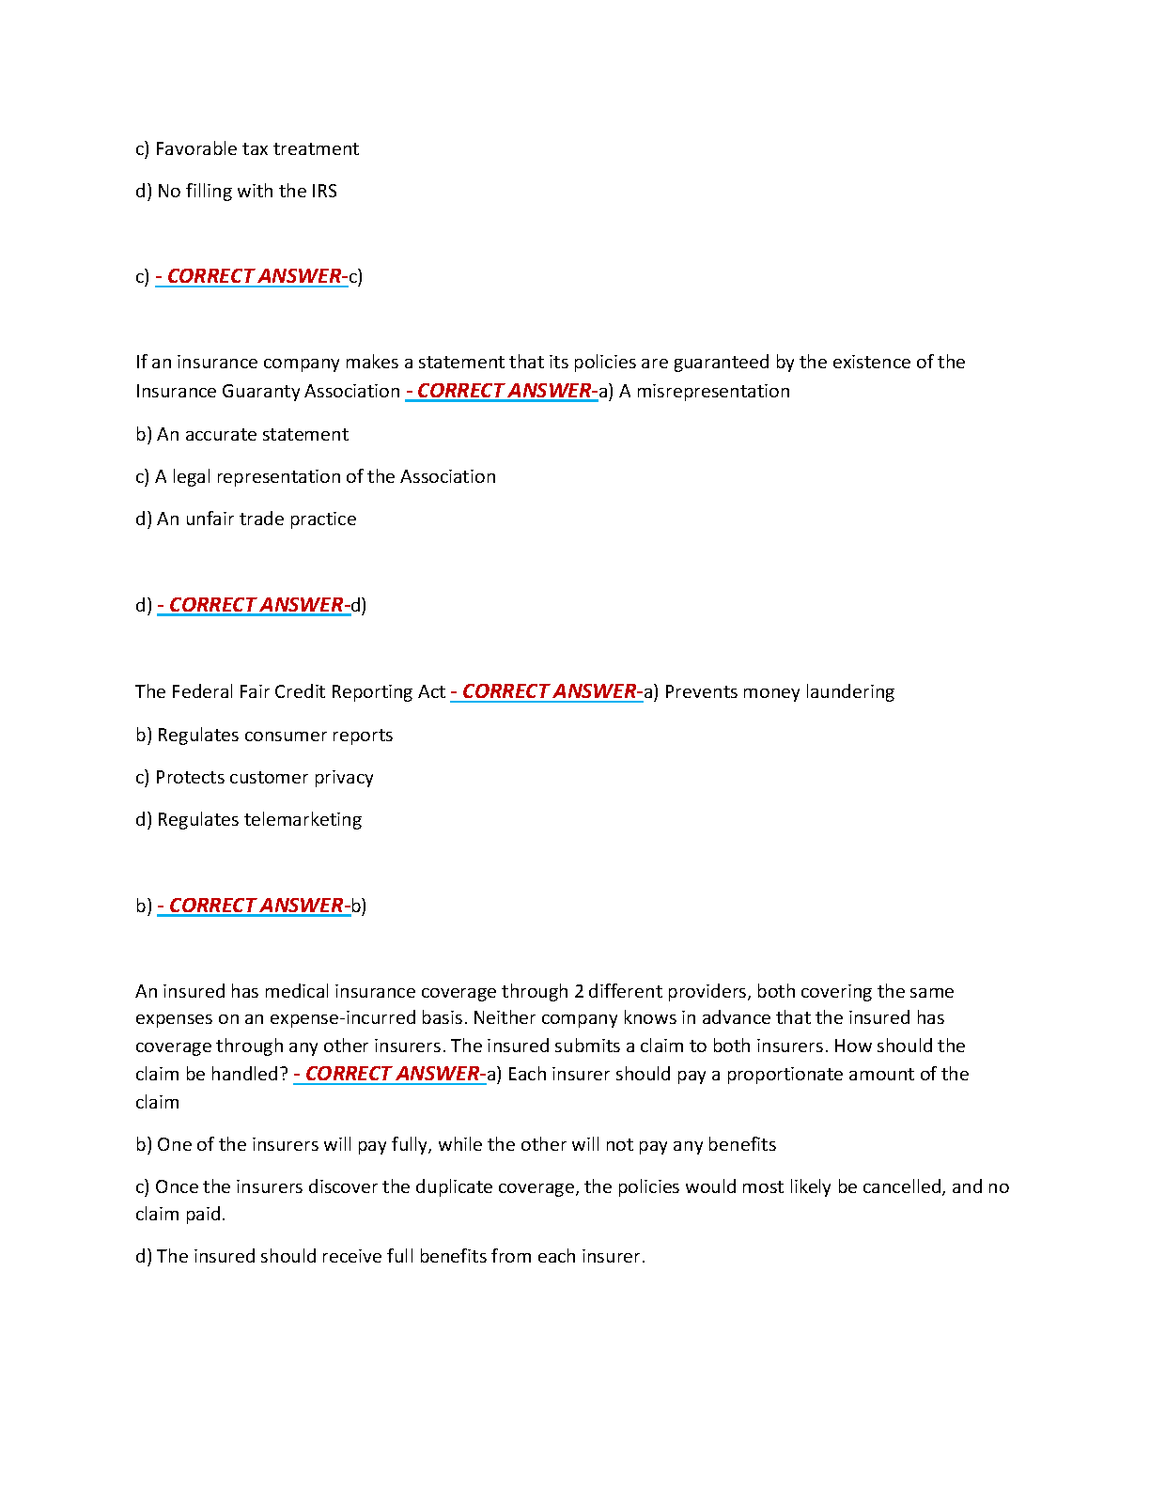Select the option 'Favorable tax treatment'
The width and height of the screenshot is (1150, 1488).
[247, 149]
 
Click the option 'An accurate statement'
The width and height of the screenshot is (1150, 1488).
[241, 435]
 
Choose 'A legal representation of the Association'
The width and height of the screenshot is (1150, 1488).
[316, 477]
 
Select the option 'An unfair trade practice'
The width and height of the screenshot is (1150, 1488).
[246, 519]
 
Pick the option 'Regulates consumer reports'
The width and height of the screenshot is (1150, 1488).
[264, 736]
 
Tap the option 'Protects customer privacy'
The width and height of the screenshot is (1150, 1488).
[255, 778]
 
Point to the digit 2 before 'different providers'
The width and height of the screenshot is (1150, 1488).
[580, 992]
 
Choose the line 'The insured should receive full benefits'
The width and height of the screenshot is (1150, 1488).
[391, 1257]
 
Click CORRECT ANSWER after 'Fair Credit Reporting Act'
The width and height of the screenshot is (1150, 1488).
[549, 692]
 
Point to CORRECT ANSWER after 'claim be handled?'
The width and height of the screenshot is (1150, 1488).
[392, 1075]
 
